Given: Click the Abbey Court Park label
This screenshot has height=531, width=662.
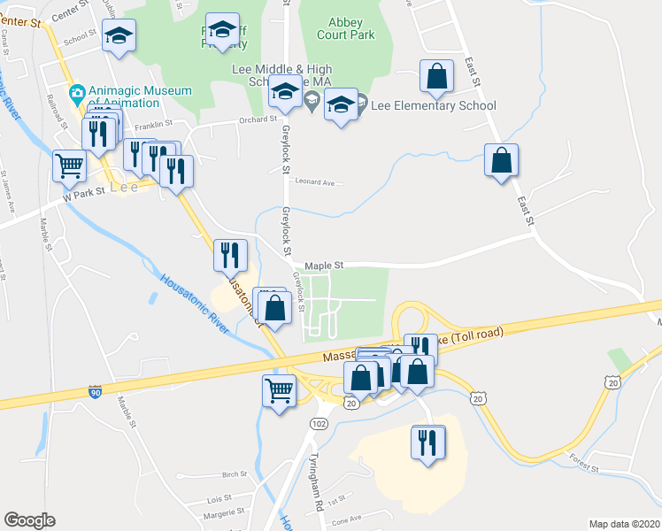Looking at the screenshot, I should coord(351,29).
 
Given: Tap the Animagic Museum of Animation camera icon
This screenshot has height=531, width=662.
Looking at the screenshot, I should coord(78,92).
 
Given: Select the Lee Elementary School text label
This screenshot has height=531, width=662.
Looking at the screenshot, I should coord(433,106).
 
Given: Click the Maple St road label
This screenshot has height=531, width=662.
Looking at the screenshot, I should coord(323,265).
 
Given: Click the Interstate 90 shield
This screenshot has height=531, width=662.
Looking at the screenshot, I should coord(95,390).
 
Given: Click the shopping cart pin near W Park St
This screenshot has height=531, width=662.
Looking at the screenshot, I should coord(70,165).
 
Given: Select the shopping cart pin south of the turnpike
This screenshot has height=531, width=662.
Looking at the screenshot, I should coord(280,389).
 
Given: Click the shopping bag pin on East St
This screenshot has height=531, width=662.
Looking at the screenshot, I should coord(501,160).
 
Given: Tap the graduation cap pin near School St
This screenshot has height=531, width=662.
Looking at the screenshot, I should coord(119,36).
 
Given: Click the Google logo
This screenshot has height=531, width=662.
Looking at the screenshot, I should coord(29,520).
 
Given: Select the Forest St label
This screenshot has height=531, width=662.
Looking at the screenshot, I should coord(585,463).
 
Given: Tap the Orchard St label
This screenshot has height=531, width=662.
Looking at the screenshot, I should coord(258,119).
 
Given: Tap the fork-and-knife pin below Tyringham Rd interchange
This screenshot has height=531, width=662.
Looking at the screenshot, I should coord(428,442).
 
